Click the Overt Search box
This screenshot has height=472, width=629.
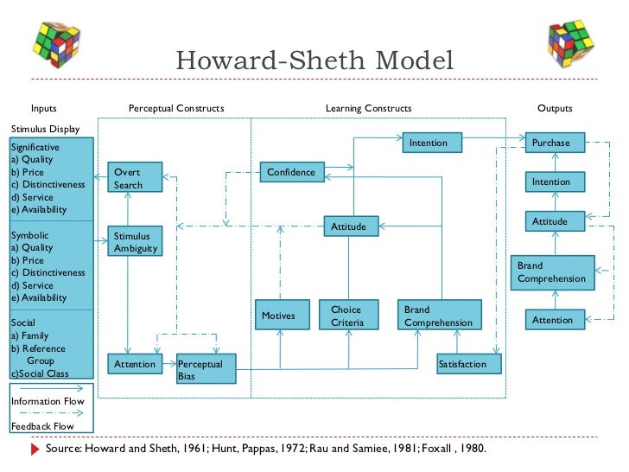[127, 179]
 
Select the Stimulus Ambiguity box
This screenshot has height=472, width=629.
[127, 242]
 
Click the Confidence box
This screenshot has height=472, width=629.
[291, 172]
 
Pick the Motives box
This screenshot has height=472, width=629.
[278, 316]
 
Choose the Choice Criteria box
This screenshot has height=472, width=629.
[347, 316]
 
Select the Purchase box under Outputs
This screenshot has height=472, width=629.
[550, 143]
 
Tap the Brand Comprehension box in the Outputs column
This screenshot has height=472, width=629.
[552, 272]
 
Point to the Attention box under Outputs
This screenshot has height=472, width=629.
[552, 320]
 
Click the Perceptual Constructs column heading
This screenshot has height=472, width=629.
[176, 109]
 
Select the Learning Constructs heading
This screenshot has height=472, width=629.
[368, 109]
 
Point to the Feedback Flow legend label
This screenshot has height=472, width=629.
[42, 426]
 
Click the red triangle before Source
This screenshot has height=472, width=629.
[35, 450]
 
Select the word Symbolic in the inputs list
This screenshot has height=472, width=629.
[29, 235]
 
